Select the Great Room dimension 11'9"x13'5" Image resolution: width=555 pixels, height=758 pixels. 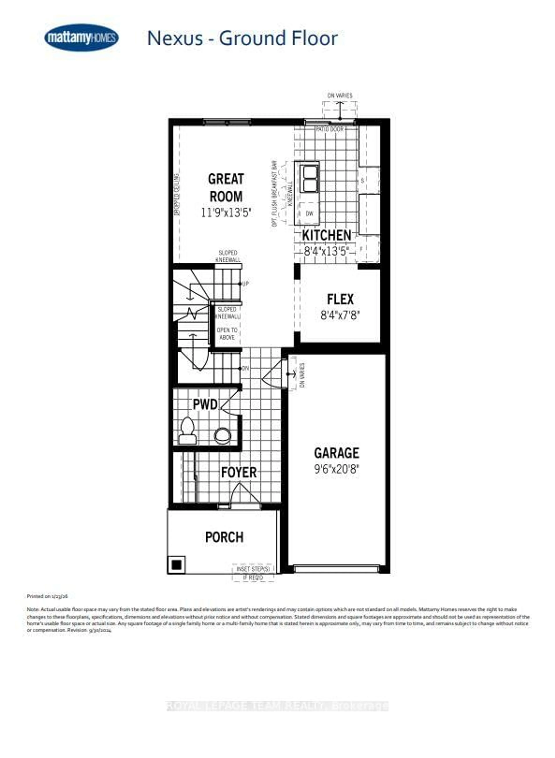(x=226, y=213)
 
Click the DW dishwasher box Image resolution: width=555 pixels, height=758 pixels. (x=309, y=213)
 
